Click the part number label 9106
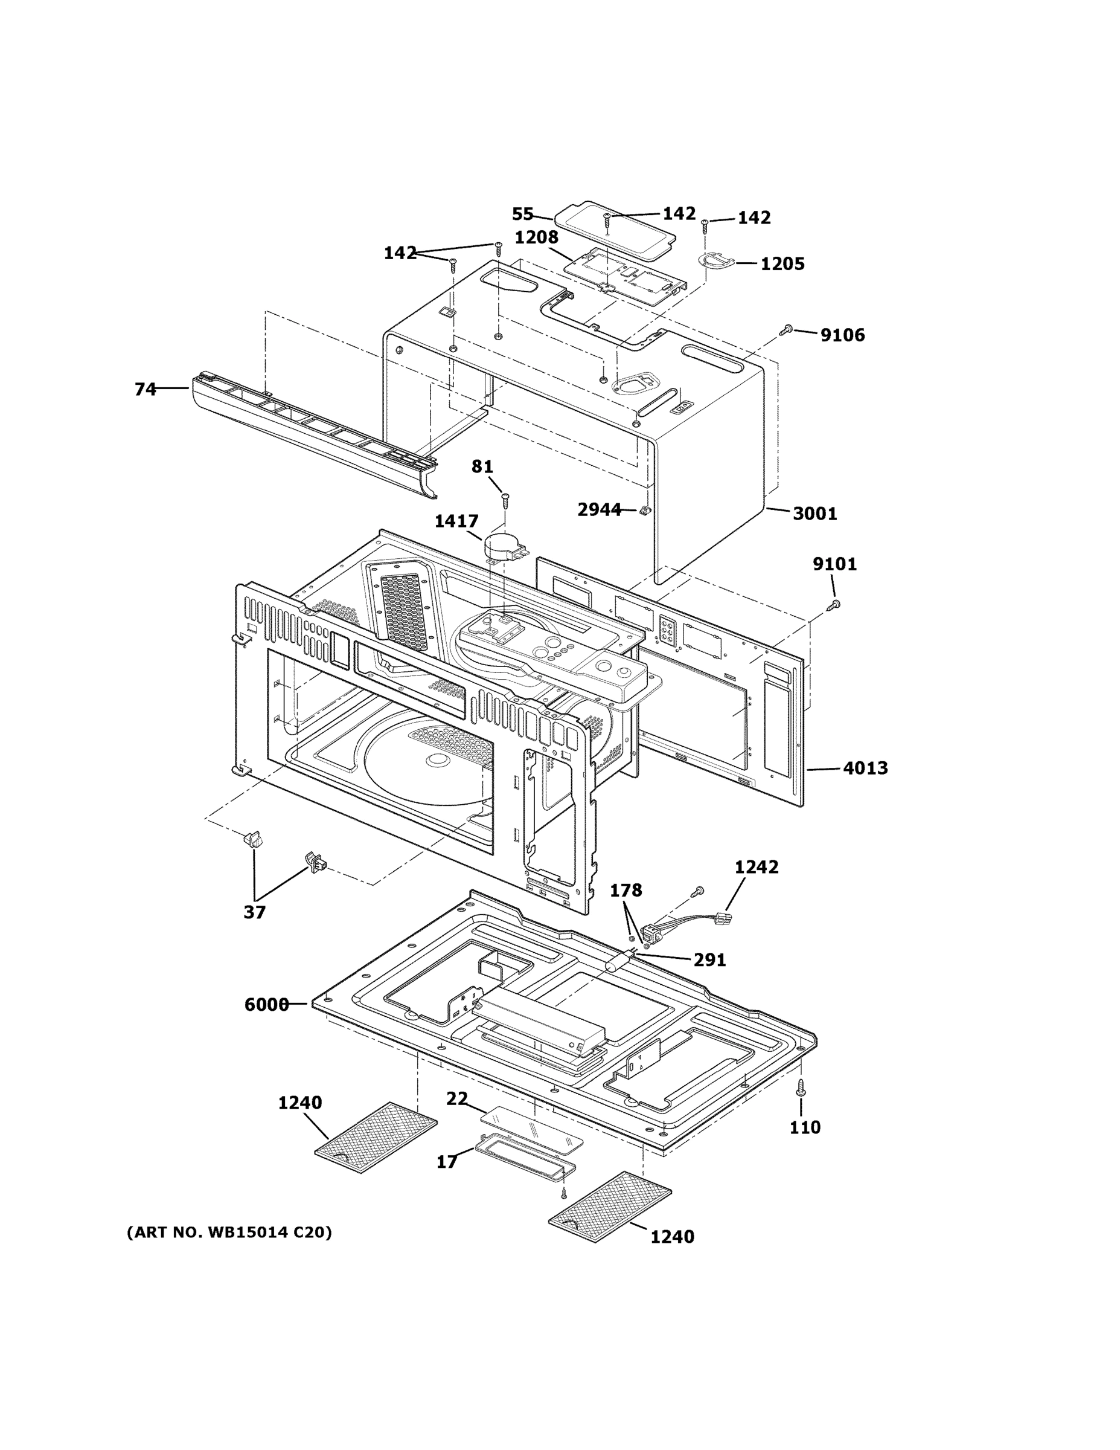pyautogui.click(x=842, y=335)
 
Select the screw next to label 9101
pyautogui.click(x=834, y=604)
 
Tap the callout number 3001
pyautogui.click(x=814, y=514)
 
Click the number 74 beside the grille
pyautogui.click(x=146, y=390)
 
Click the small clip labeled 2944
pyautogui.click(x=643, y=511)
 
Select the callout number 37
pyautogui.click(x=254, y=912)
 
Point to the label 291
pyautogui.click(x=709, y=960)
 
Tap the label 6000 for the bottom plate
pyautogui.click(x=266, y=1005)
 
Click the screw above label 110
pyautogui.click(x=801, y=1087)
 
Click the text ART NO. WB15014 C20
pyautogui.click(x=229, y=1233)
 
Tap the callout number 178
pyautogui.click(x=626, y=891)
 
